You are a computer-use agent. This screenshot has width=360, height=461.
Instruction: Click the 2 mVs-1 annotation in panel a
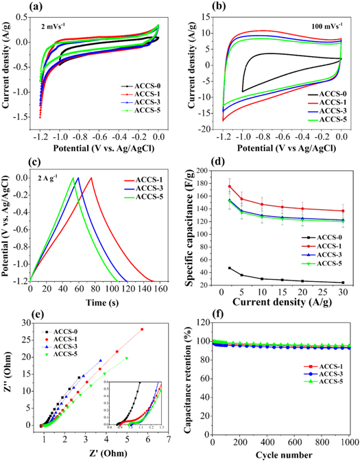pyautogui.click(x=61, y=30)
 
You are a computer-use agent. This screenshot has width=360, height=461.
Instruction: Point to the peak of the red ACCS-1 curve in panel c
pyautogui.click(x=91, y=178)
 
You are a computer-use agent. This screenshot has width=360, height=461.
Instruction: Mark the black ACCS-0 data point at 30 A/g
pyautogui.click(x=342, y=283)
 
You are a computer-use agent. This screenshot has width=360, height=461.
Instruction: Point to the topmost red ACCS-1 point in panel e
pyautogui.click(x=141, y=329)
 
